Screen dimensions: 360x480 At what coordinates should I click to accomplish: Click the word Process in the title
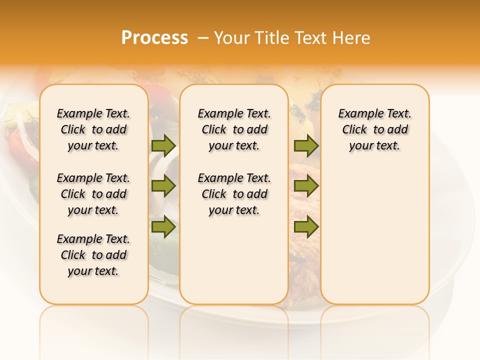pos(154,38)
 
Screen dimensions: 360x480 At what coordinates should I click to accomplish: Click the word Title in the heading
pos(270,38)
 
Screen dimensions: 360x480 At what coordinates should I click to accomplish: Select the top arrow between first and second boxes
pos(163,145)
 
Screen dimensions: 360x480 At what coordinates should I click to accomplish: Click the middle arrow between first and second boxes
pos(163,186)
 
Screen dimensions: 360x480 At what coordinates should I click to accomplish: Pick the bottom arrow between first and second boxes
pos(163,227)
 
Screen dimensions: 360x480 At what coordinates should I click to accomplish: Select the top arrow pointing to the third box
pos(306,145)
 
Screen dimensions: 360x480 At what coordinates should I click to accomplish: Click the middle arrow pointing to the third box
pos(306,186)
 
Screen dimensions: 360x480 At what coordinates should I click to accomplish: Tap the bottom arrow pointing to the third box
pos(306,227)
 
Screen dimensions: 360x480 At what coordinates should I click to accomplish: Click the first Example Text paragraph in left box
pos(93,129)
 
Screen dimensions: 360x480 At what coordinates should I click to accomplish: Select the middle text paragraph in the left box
pos(93,194)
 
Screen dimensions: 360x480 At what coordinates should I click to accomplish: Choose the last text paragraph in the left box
pos(93,255)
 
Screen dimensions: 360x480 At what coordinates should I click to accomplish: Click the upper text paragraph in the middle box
pos(234,129)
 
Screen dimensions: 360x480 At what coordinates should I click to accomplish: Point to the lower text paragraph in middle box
pos(234,194)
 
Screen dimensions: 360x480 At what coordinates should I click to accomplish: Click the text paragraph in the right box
pos(374,129)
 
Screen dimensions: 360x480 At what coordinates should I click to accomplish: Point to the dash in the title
pos(203,38)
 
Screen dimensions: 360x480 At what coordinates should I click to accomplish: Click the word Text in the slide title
pos(310,38)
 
